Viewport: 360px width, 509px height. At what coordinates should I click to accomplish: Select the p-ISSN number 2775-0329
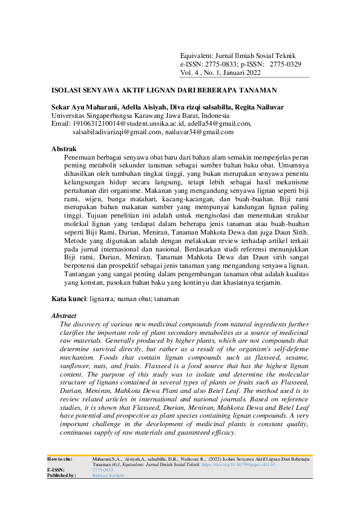coord(286,63)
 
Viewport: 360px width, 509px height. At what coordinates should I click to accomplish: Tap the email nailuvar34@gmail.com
coord(199,131)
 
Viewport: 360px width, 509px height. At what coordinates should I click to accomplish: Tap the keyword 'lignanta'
coord(103,299)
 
